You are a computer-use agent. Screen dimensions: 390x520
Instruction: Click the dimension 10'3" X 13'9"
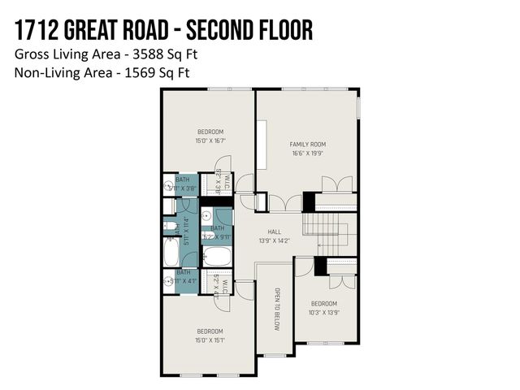pyautogui.click(x=323, y=312)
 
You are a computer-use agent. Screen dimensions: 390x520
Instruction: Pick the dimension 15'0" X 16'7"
pyautogui.click(x=210, y=141)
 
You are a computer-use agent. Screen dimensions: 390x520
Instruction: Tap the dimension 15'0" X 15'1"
pyautogui.click(x=210, y=340)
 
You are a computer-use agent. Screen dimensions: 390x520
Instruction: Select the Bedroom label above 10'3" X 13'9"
pyautogui.click(x=323, y=303)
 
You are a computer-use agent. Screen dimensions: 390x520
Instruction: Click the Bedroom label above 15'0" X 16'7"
pyautogui.click(x=210, y=132)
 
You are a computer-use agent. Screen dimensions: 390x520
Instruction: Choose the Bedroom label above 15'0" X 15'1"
pyautogui.click(x=210, y=331)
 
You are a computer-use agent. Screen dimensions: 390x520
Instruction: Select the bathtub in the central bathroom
pyautogui.click(x=217, y=258)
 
